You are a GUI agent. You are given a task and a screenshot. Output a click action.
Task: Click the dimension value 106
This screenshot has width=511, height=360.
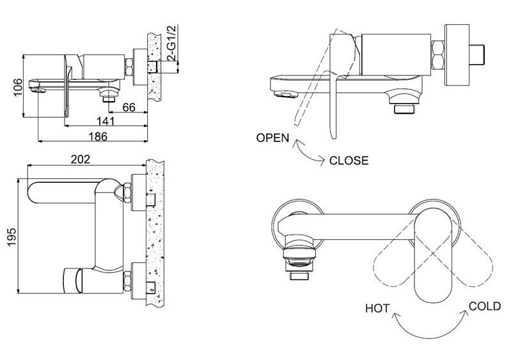pos(18,87)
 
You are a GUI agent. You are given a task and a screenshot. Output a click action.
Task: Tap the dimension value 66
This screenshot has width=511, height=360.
pos(129,107)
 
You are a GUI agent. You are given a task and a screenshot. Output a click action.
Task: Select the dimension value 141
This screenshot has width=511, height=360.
pos(106,121)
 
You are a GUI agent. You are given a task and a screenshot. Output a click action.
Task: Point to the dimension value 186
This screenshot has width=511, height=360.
pos(98,136)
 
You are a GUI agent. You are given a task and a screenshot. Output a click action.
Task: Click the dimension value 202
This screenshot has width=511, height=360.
pos(81,159)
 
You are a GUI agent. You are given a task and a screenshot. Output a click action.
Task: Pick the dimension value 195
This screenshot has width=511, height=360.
pos(12,237)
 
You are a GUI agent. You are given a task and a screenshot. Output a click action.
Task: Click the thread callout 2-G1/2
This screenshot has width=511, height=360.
pos(172,43)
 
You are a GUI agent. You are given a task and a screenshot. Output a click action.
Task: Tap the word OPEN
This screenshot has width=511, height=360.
pos(272,138)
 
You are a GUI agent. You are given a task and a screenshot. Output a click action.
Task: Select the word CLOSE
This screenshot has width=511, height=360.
pos(349,160)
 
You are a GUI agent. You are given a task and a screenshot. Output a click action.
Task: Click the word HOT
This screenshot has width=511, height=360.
pos(377,308)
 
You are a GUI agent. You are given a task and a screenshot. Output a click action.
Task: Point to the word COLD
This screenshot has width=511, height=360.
pos(485,306)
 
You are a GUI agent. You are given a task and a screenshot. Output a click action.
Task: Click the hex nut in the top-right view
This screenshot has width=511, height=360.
pos(437,55)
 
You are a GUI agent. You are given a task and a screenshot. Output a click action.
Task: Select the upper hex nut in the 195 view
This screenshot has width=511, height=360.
pos(127,192)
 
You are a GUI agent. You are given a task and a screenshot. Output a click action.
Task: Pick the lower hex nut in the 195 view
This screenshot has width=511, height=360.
pos(127,282)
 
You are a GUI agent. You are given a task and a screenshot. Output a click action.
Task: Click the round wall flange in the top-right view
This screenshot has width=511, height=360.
pos(457,55)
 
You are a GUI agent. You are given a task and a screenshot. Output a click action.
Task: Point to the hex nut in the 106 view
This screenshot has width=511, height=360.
pos(129,67)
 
